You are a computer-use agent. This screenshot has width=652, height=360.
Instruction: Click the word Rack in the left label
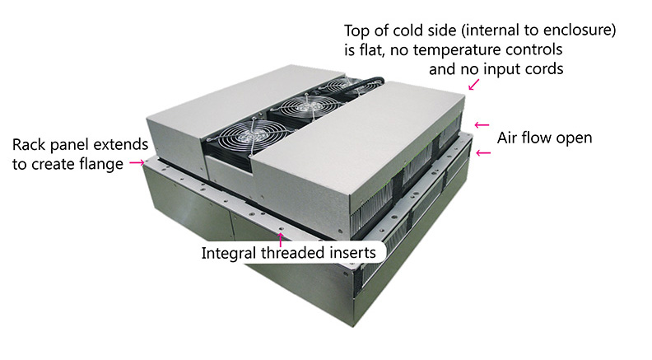pyautogui.click(x=30, y=145)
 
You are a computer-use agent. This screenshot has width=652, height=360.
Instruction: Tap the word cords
pyautogui.click(x=544, y=69)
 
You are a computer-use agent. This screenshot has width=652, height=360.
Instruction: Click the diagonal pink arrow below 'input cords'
pyautogui.click(x=473, y=84)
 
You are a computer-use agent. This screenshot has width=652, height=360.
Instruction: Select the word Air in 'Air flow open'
pyautogui.click(x=508, y=138)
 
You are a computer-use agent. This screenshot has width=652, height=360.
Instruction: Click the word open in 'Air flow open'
pyautogui.click(x=574, y=138)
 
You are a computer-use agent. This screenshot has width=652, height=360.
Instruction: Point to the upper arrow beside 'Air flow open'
pyautogui.click(x=482, y=126)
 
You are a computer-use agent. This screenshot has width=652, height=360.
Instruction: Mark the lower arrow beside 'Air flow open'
pyautogui.click(x=482, y=152)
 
